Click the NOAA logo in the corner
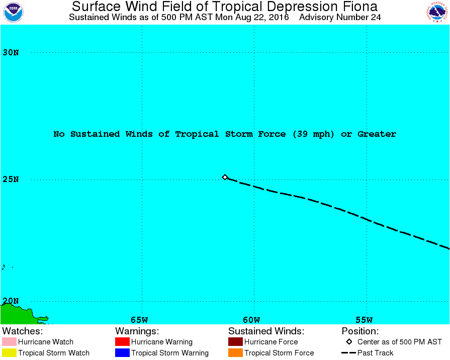(x=13, y=12)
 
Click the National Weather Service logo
(x=437, y=12)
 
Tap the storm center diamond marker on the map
(x=225, y=177)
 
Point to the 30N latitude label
(x=11, y=52)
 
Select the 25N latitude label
(x=11, y=179)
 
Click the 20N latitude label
(x=11, y=301)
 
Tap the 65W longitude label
(x=139, y=320)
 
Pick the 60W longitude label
(x=251, y=320)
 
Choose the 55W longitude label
(x=364, y=320)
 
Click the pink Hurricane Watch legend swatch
(x=9, y=342)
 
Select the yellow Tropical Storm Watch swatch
(x=9, y=353)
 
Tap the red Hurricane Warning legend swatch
(x=122, y=342)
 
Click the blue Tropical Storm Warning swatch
(x=122, y=353)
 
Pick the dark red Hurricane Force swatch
(x=235, y=342)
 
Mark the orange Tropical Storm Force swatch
(x=235, y=353)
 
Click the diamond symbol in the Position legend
(x=349, y=342)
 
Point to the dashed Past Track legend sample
(x=348, y=353)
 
